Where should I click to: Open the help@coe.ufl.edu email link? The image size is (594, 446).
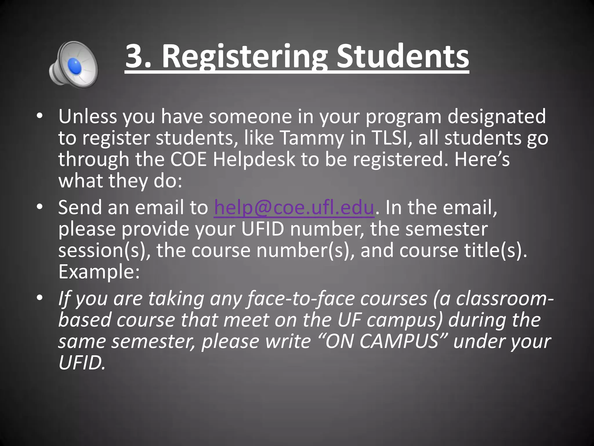point(294,208)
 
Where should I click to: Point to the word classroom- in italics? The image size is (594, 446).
point(505,299)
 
